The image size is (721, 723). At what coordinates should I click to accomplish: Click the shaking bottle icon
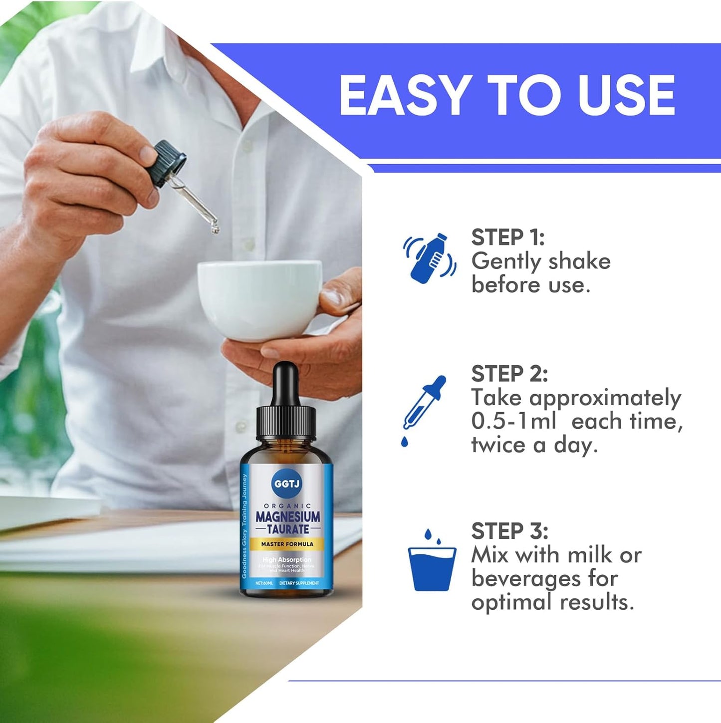(x=430, y=258)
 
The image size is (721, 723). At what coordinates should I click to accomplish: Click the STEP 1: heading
(x=507, y=238)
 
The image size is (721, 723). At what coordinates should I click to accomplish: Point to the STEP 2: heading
(x=509, y=374)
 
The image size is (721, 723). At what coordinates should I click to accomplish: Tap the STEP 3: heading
(x=509, y=531)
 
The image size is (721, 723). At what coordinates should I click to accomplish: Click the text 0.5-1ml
(x=513, y=421)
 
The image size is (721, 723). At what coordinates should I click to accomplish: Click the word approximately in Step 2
(x=605, y=398)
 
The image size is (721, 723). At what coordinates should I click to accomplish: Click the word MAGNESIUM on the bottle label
(x=288, y=517)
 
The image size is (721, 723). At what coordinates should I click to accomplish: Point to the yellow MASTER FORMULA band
(x=287, y=544)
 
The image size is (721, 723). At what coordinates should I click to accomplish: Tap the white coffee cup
(x=259, y=299)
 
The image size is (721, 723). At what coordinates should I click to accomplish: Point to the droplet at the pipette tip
(x=215, y=230)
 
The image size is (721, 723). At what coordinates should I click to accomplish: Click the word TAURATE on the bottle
(x=288, y=529)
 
